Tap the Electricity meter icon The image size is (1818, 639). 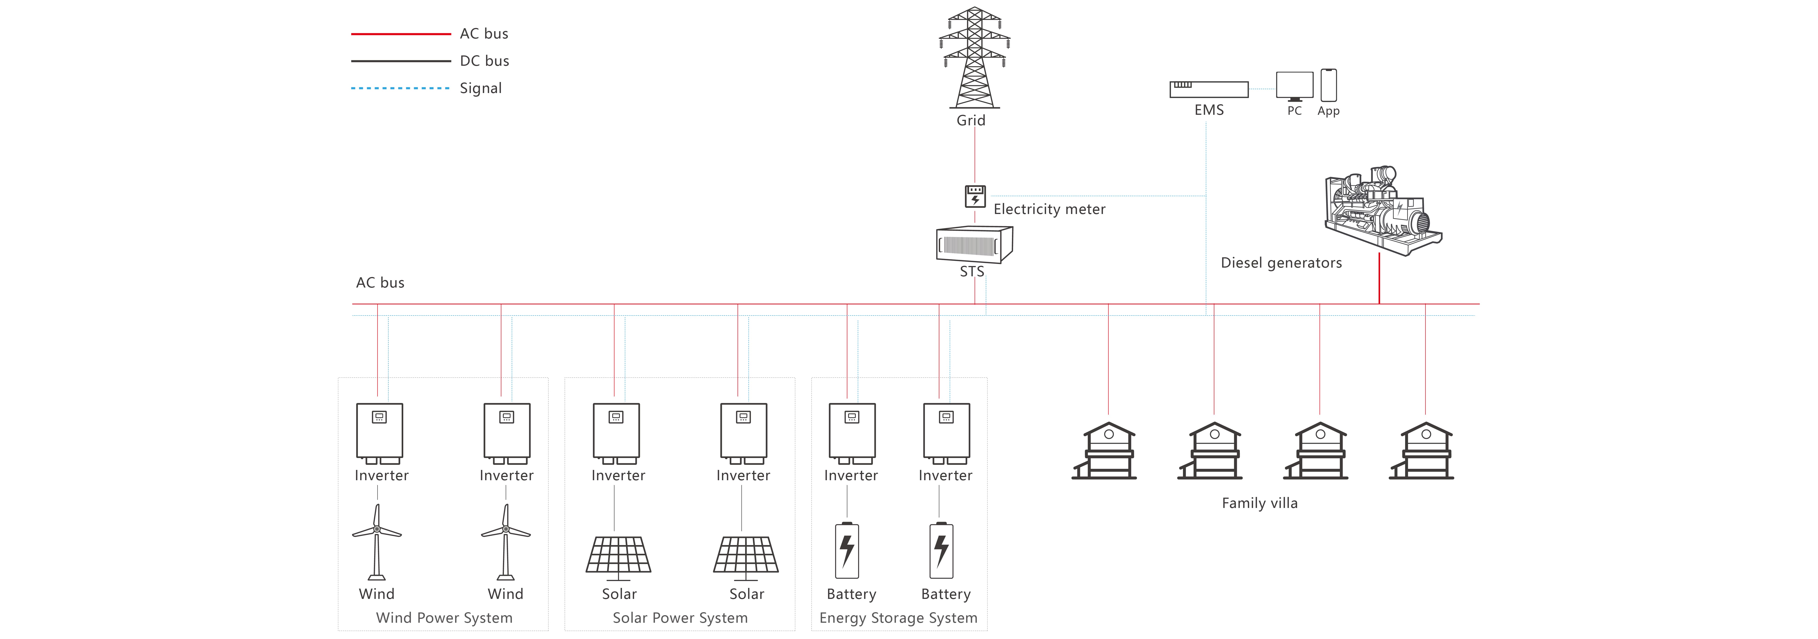pyautogui.click(x=975, y=196)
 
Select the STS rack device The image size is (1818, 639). pyautogui.click(x=974, y=244)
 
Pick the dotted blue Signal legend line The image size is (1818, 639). pyautogui.click(x=401, y=88)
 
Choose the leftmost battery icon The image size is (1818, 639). pyautogui.click(x=847, y=550)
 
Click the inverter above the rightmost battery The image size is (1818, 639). pyautogui.click(x=946, y=433)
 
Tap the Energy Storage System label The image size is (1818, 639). pyautogui.click(x=898, y=618)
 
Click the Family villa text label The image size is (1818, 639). pyautogui.click(x=1260, y=503)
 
